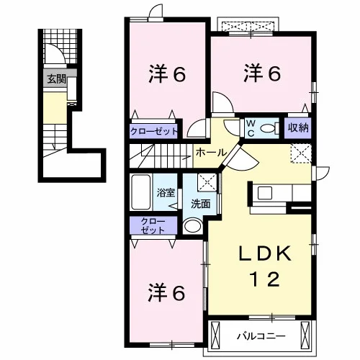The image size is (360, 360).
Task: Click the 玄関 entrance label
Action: click(57, 78)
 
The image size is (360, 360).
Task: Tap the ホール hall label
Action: click(212, 153)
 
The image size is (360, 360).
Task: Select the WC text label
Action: click(251, 129)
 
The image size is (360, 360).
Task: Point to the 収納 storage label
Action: click(298, 127)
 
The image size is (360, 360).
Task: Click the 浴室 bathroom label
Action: click(166, 193)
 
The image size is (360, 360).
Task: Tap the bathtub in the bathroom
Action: click(141, 192)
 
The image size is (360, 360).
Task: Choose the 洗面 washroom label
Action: click(201, 204)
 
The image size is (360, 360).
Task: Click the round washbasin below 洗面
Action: click(192, 226)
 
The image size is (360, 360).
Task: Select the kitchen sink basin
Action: click(265, 193)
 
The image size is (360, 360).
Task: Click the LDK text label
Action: click(265, 253)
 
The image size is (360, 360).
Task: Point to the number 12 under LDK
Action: click(265, 279)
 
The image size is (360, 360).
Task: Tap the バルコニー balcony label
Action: click(261, 336)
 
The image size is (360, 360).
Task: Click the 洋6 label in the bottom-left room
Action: click(167, 293)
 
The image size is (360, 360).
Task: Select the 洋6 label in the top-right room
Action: click(262, 73)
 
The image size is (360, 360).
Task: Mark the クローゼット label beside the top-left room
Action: click(154, 132)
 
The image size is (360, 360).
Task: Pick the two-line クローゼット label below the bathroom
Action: click(153, 225)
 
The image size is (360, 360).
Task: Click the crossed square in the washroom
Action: click(207, 182)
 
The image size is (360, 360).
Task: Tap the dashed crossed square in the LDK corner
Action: click(301, 153)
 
